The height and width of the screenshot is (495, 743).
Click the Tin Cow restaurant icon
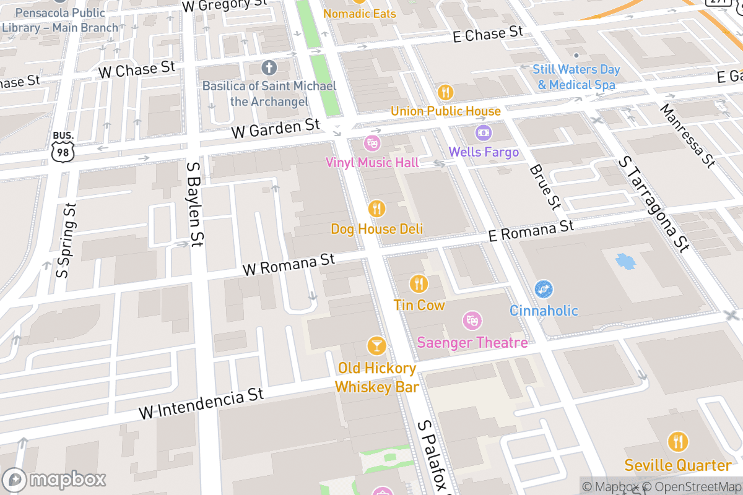(x=419, y=284)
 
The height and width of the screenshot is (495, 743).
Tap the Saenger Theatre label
(x=472, y=342)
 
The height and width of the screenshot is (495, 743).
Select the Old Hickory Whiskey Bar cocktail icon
(x=376, y=346)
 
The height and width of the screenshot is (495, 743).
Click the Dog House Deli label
(x=376, y=229)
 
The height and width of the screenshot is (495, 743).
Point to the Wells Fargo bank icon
(x=484, y=132)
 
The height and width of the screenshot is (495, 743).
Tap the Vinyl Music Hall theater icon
(x=372, y=144)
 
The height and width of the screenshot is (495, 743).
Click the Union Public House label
(x=445, y=111)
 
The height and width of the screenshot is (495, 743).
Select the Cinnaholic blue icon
(x=544, y=289)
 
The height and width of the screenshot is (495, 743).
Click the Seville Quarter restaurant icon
(x=678, y=442)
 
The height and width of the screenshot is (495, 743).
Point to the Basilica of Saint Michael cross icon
(x=269, y=67)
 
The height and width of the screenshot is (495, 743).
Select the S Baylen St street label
(x=194, y=204)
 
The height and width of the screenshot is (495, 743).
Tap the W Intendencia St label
(x=201, y=403)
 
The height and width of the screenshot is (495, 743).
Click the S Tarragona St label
(x=653, y=205)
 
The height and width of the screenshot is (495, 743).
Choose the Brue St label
(x=545, y=187)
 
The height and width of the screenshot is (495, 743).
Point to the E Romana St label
(x=531, y=230)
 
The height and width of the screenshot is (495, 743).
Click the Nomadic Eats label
(x=359, y=14)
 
